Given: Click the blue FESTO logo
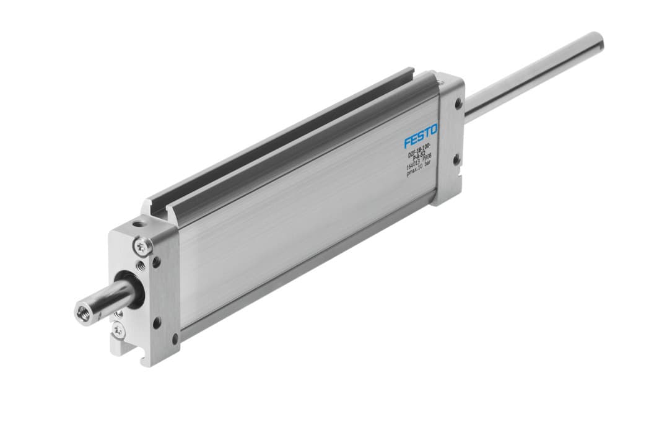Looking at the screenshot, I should click(x=421, y=135).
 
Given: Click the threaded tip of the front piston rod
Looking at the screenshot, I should click(x=82, y=312).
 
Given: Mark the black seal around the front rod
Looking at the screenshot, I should click(x=131, y=289).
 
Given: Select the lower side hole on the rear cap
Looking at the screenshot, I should click(x=456, y=159).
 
